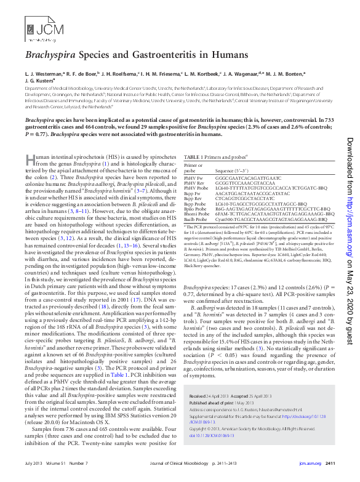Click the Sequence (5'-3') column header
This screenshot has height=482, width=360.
(231, 170)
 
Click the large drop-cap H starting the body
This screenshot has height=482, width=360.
(30, 159)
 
